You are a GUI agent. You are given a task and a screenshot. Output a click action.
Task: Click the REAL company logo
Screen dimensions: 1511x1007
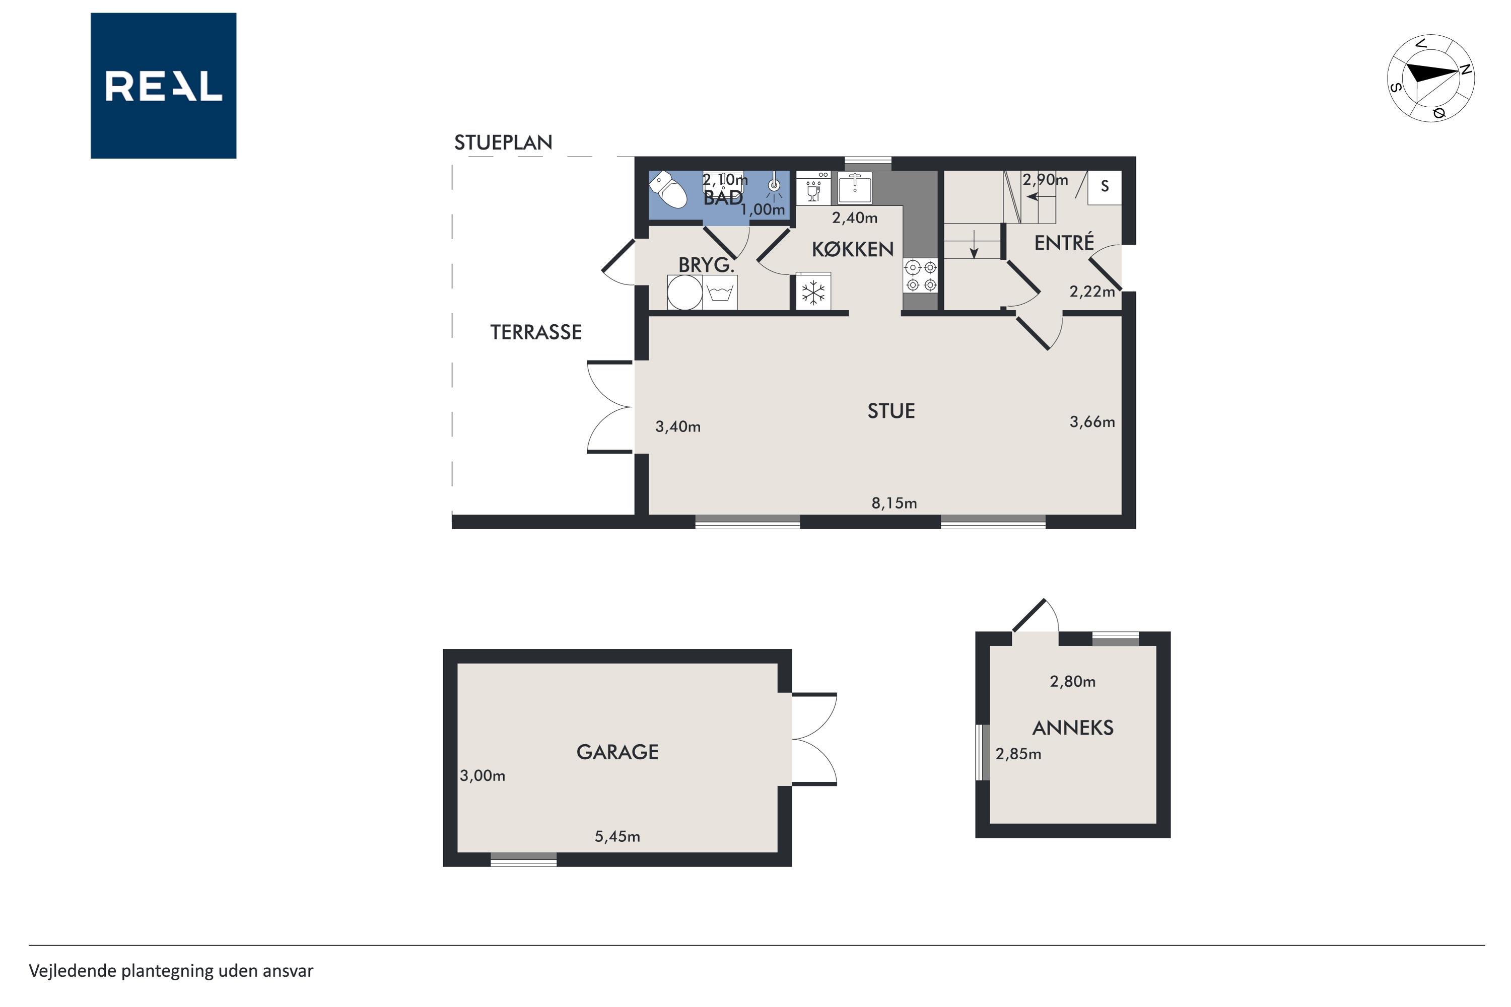(163, 86)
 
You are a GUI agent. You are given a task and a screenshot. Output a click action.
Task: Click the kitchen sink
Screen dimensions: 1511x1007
(854, 187)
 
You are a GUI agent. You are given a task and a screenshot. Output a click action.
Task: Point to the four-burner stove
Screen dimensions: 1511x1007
(921, 275)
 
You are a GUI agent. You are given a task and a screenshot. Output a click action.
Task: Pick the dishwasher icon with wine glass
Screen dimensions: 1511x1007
(813, 187)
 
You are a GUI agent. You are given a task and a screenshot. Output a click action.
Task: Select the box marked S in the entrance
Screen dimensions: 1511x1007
(1105, 187)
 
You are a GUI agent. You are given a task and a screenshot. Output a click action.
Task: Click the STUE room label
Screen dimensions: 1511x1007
(891, 411)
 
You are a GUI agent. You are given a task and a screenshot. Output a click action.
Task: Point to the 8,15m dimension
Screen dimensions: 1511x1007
(894, 503)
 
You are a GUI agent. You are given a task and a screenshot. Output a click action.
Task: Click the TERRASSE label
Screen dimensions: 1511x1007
(536, 332)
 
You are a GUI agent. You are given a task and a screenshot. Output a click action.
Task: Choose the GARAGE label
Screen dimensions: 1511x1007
(617, 752)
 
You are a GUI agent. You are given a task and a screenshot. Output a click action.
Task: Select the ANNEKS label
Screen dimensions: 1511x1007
(1073, 728)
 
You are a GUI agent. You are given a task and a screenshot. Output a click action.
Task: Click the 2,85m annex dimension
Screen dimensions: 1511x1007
(1018, 754)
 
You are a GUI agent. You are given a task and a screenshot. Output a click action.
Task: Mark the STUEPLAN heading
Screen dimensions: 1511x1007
(503, 142)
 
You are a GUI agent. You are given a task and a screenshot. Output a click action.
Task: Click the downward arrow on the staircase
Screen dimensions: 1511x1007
(974, 244)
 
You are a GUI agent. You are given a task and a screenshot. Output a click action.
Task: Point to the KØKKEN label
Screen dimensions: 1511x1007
(853, 249)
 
